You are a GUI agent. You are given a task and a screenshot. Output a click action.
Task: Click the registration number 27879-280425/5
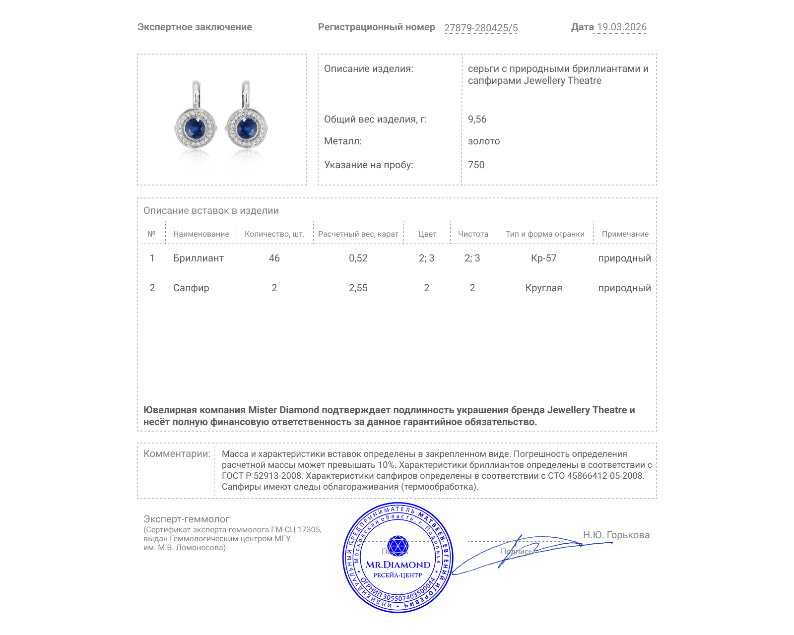pos(480,28)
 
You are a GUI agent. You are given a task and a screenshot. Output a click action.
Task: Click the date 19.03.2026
pos(621,27)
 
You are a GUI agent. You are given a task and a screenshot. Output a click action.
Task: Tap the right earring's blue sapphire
pos(247,129)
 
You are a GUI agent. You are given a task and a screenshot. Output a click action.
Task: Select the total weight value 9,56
pos(477,119)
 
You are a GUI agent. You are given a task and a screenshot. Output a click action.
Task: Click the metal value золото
pos(484,141)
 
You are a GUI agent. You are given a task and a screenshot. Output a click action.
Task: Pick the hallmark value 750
pos(476,165)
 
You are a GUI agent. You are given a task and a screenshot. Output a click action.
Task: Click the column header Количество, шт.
pos(274,234)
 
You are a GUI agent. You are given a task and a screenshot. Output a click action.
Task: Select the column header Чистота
pos(472,234)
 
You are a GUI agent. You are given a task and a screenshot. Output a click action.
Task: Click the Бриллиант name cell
pos(198,258)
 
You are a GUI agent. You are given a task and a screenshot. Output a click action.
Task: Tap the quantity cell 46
pos(274,258)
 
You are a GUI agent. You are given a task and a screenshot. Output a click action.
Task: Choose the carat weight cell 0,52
pos(358,258)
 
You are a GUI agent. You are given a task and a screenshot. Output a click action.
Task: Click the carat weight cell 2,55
pos(358,288)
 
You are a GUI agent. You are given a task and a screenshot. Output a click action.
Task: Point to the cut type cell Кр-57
pos(543,258)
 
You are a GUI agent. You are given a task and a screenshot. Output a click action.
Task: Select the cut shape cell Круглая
pos(543,288)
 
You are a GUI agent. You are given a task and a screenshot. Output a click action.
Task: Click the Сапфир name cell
pos(191,288)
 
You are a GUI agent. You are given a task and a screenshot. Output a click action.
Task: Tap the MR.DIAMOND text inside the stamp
pos(398,565)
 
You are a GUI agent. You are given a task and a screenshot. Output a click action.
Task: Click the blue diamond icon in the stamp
pos(397,546)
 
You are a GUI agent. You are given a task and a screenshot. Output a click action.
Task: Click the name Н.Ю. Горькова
pos(616,535)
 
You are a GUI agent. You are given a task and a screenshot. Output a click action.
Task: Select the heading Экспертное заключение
pos(195,27)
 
